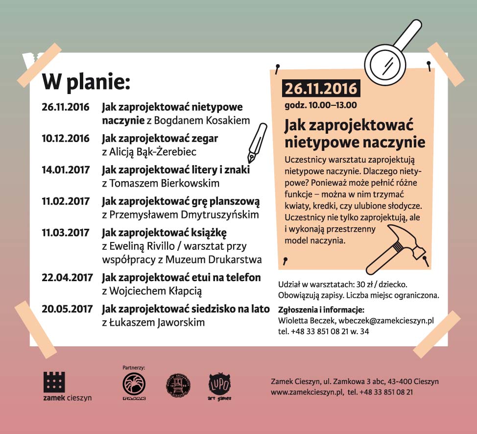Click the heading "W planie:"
point(86,83)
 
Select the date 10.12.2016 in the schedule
point(66,139)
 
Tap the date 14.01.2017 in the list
point(66,170)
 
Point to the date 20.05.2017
point(66,309)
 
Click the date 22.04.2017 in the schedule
point(66,278)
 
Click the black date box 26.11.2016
point(320,89)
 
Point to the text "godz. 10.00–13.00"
point(321,105)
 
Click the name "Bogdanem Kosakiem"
point(212,121)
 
